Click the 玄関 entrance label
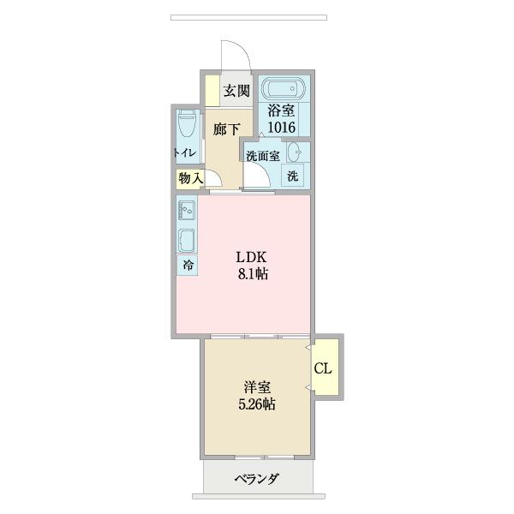coord(236,92)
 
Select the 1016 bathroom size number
coord(281,127)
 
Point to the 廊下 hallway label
coord(226,129)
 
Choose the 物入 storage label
coord(190,178)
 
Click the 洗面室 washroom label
coord(263,156)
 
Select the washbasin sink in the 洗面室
coord(294,153)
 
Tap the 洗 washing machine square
coord(293,176)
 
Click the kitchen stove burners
coord(187,210)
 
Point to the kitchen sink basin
coord(187,238)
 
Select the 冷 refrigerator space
coord(187,265)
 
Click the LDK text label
coord(253,257)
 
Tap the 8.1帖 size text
coord(253,275)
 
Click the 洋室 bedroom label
coord(257,387)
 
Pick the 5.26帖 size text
coord(257,405)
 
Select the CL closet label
coord(324,369)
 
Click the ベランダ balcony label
coord(256,479)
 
